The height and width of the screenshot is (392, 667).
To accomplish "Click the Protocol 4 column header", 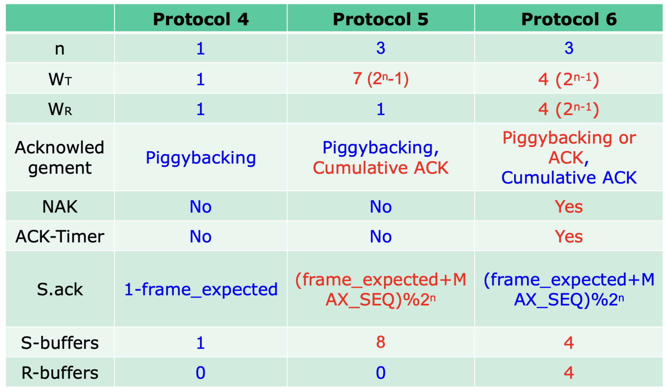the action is point(201,19).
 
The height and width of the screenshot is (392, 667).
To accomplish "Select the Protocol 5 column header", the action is point(381,19).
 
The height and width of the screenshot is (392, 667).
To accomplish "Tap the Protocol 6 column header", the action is point(569,19).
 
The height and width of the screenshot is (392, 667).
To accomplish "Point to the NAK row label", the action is point(60,207).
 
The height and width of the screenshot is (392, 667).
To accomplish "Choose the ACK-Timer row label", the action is point(60,237).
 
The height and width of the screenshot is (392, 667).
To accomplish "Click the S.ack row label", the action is point(60,289).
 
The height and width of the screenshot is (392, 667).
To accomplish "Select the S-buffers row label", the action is point(60,343).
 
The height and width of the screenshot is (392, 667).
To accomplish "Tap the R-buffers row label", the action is point(60,373).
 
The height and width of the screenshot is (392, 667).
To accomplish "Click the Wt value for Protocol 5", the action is point(381,79).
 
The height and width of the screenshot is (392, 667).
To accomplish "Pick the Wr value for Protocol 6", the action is point(569,109).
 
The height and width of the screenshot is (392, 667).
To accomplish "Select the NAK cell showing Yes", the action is point(569,207).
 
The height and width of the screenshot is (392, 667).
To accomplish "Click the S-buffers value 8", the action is point(381,342).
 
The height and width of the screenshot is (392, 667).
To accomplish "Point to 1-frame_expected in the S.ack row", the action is point(201,290).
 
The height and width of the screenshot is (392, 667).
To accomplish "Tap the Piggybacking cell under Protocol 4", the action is point(201,158).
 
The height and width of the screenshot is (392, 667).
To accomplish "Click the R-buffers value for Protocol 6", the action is point(569,373).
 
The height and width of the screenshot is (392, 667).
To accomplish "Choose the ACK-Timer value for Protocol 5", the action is point(381,237).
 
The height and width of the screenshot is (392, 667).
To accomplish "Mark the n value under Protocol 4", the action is point(201,48).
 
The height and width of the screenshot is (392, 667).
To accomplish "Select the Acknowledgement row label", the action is point(60,157).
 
